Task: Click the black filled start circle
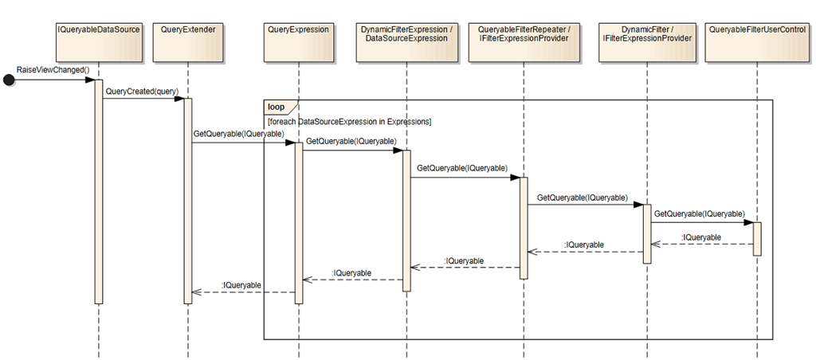coord(10,79)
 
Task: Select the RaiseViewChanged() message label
coord(53,70)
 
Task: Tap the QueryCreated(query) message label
coord(141,91)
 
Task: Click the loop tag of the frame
coord(277,106)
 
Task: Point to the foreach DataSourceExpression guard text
coord(350,121)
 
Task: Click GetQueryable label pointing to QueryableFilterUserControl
coord(699,213)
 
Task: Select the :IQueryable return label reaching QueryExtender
coord(241,284)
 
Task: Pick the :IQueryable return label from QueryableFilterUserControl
coord(701,237)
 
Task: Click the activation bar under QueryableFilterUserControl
coord(756,238)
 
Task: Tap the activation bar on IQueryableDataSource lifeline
coord(99,191)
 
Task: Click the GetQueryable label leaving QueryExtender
coord(238,134)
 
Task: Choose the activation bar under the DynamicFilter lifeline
coord(647,233)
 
